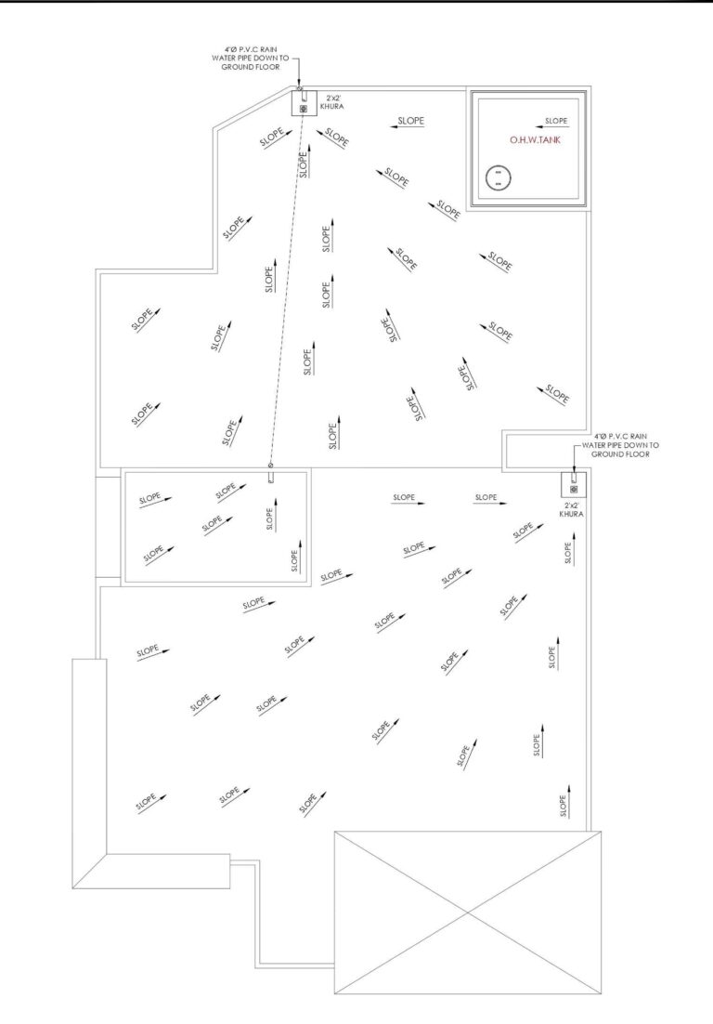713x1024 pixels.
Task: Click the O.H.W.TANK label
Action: click(535, 139)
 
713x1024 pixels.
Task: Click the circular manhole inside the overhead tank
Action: click(499, 177)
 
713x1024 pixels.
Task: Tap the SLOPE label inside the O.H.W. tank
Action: click(556, 121)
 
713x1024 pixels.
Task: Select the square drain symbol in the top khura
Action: click(303, 109)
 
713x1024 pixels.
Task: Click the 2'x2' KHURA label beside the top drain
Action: click(332, 102)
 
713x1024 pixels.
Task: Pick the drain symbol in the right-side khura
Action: click(574, 489)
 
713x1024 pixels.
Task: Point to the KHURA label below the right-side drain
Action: click(572, 514)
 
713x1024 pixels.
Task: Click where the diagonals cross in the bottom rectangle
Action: click(468, 912)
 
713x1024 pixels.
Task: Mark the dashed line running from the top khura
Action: click(287, 288)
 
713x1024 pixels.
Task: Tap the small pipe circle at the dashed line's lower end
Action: click(271, 465)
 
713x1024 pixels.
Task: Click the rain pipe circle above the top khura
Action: click(300, 88)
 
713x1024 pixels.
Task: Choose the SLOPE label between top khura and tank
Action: click(411, 121)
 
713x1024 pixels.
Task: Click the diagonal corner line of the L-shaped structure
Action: click(89, 871)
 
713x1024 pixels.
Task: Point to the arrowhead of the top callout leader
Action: click(300, 83)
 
